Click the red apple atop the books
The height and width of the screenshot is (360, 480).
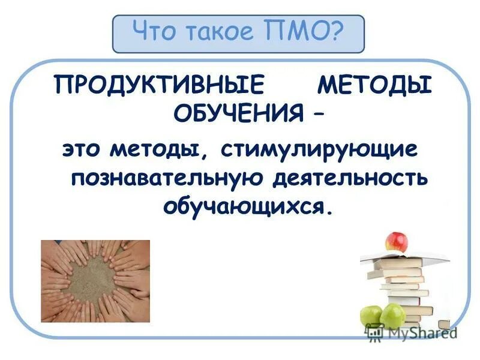click(395, 241)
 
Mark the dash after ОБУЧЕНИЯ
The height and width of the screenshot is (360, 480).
click(314, 112)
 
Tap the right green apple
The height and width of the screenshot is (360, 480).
click(393, 314)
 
